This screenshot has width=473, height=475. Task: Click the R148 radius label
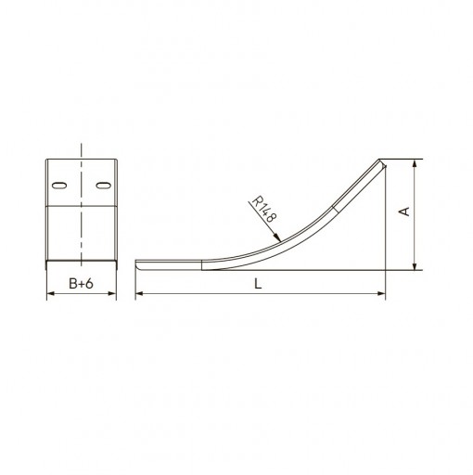pyautogui.click(x=263, y=210)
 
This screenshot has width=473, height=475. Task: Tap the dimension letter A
pyautogui.click(x=404, y=212)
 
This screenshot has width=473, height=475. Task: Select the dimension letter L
pyautogui.click(x=258, y=284)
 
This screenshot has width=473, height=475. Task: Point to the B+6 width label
pyautogui.click(x=81, y=284)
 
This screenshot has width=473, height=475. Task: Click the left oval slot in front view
pyautogui.click(x=59, y=186)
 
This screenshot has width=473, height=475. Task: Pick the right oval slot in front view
pyautogui.click(x=103, y=186)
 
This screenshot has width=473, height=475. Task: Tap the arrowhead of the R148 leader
pyautogui.click(x=277, y=237)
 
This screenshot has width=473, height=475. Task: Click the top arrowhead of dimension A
pyautogui.click(x=415, y=163)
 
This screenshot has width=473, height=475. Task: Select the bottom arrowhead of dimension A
pyautogui.click(x=415, y=266)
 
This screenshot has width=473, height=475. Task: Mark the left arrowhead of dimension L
pyautogui.click(x=139, y=293)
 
